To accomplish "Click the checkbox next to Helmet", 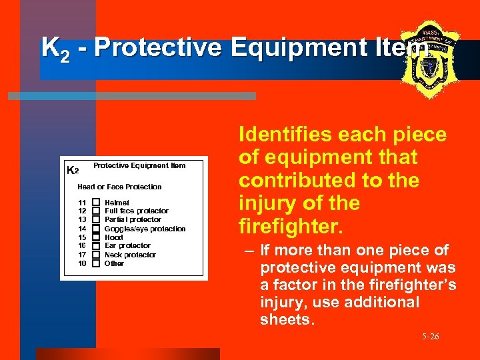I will pyautogui.click(x=96, y=202).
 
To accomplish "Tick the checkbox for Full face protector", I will pyautogui.click(x=96, y=211).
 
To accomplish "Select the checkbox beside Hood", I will pyautogui.click(x=96, y=237).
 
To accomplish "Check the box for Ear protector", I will pyautogui.click(x=96, y=245).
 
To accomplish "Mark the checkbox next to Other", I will pyautogui.click(x=96, y=263).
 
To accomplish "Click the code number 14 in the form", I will pyautogui.click(x=82, y=228).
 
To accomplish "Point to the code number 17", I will pyautogui.click(x=82, y=254).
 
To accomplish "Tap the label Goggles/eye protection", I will pyautogui.click(x=145, y=228).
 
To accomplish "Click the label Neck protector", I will pyautogui.click(x=130, y=254).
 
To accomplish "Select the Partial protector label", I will pyautogui.click(x=133, y=219).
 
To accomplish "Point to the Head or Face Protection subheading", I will pyautogui.click(x=119, y=187).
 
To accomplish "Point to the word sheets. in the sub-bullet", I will pyautogui.click(x=286, y=319).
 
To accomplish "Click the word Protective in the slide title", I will pyautogui.click(x=159, y=48).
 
